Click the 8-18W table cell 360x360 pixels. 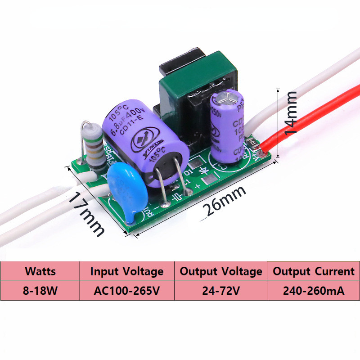point(40,290)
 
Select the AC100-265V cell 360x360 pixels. point(127,290)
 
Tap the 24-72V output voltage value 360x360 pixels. point(220,290)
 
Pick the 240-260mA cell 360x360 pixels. point(314,290)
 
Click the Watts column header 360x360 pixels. point(40,271)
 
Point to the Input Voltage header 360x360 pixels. point(127,271)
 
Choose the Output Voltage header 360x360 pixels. point(220,271)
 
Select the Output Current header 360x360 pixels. point(314,271)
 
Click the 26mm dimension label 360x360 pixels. point(224,201)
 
